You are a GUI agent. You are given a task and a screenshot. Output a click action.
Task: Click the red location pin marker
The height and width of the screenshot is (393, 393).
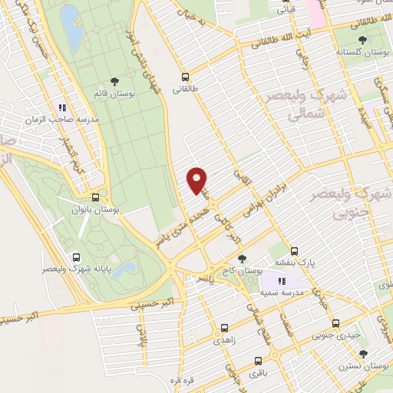coord(197,180)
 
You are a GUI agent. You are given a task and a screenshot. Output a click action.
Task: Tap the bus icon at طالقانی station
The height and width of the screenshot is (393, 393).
coord(185,77)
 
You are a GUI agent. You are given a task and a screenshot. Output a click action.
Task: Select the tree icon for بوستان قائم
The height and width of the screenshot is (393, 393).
coord(114,81)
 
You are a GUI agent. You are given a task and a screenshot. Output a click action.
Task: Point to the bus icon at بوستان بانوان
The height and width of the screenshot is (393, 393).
coord(94,196)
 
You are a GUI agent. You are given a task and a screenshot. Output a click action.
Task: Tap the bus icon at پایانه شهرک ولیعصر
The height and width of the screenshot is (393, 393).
coord(76,257)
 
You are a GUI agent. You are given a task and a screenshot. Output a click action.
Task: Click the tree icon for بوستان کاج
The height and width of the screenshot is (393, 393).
coord(243,259)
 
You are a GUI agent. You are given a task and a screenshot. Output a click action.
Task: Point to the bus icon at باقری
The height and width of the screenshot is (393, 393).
coord(256,360)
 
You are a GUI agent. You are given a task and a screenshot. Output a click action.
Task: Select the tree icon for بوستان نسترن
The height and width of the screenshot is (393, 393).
coord(363,354)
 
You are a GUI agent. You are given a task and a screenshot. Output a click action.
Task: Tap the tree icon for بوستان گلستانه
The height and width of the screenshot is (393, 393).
coord(361,39)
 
